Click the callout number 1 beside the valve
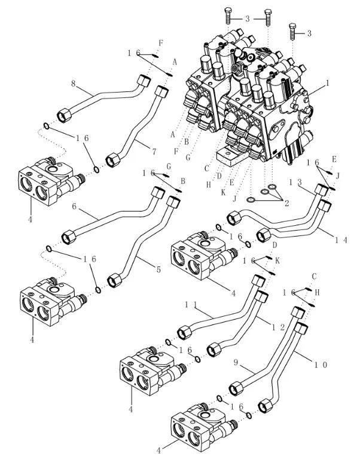coord(327,84)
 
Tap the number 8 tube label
coord(74,84)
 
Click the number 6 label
coord(75,207)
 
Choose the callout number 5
coord(158,270)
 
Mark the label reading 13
coord(294,182)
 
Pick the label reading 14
coord(341,240)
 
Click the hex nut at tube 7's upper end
coord(161,93)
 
